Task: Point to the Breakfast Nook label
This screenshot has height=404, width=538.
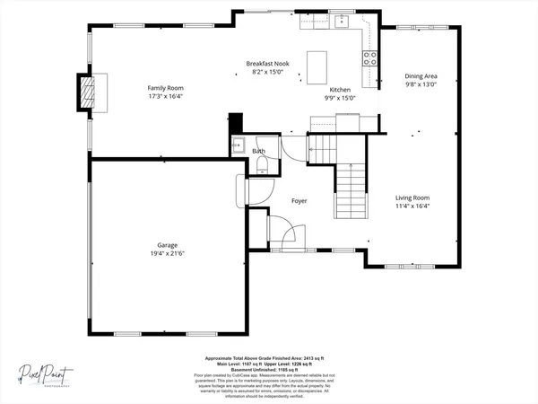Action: [266, 64]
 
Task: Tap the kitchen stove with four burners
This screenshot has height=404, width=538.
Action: [369, 58]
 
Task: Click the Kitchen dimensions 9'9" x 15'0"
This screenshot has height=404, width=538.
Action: [341, 99]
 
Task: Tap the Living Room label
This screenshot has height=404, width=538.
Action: [413, 198]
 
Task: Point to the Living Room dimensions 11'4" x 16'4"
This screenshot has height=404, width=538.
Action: [413, 206]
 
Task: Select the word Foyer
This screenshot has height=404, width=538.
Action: [299, 201]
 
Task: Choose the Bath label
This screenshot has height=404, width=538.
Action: [258, 152]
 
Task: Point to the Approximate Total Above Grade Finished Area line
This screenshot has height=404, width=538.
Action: [268, 356]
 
